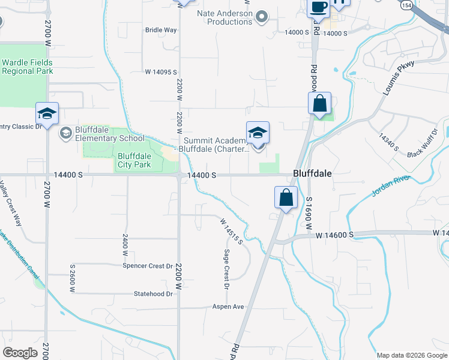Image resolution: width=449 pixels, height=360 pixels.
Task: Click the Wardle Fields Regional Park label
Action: (x=27, y=67)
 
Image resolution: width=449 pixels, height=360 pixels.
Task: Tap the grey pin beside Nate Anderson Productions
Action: (x=261, y=17)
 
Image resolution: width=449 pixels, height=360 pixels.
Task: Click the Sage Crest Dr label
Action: (x=227, y=269)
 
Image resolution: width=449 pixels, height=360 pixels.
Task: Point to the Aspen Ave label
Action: (x=228, y=307)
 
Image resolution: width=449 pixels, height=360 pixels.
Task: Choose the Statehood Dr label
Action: (x=153, y=294)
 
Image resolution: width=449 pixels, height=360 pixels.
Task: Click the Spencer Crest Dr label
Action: (x=148, y=266)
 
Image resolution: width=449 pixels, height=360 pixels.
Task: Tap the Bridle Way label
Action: (x=161, y=30)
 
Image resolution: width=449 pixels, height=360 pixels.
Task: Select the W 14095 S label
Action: (x=161, y=72)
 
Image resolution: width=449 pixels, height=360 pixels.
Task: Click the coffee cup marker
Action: (x=318, y=7)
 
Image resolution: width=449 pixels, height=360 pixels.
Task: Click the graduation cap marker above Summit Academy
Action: (x=258, y=133)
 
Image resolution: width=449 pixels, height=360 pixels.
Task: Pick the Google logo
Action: (x=20, y=353)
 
